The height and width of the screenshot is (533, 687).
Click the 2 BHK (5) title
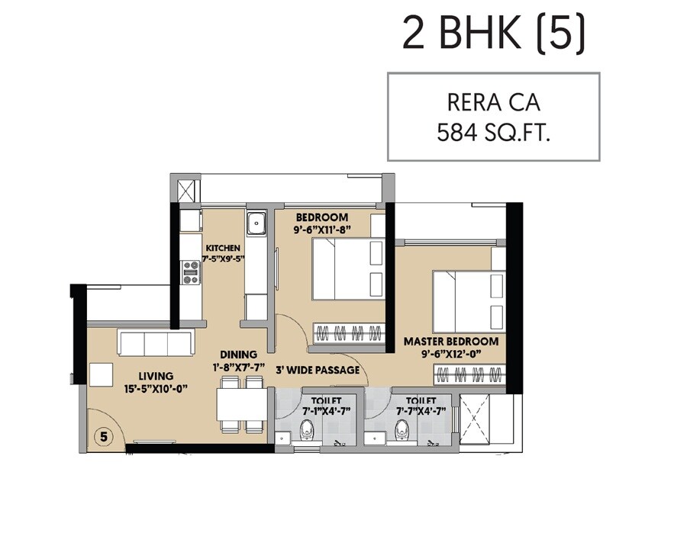tap(494, 35)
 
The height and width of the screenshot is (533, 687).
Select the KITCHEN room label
tap(223, 248)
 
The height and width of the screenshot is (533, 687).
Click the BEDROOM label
tap(322, 217)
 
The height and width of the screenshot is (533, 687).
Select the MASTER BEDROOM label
tap(451, 342)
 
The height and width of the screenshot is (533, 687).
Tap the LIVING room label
tap(156, 376)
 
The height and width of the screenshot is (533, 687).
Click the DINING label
tap(238, 355)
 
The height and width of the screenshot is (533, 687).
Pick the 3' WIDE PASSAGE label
tap(318, 371)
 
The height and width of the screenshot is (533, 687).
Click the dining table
tap(231, 404)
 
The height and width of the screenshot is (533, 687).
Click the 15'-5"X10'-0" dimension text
tap(156, 389)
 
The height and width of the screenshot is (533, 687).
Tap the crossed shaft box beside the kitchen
tap(187, 191)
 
